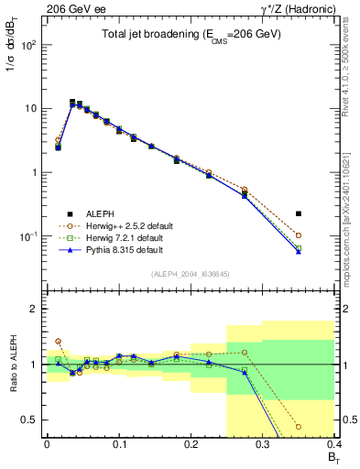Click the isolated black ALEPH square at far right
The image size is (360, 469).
point(299,213)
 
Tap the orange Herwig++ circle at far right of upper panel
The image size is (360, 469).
point(299,236)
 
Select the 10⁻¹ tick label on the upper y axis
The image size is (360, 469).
point(28,236)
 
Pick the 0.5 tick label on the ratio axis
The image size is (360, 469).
point(32,420)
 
